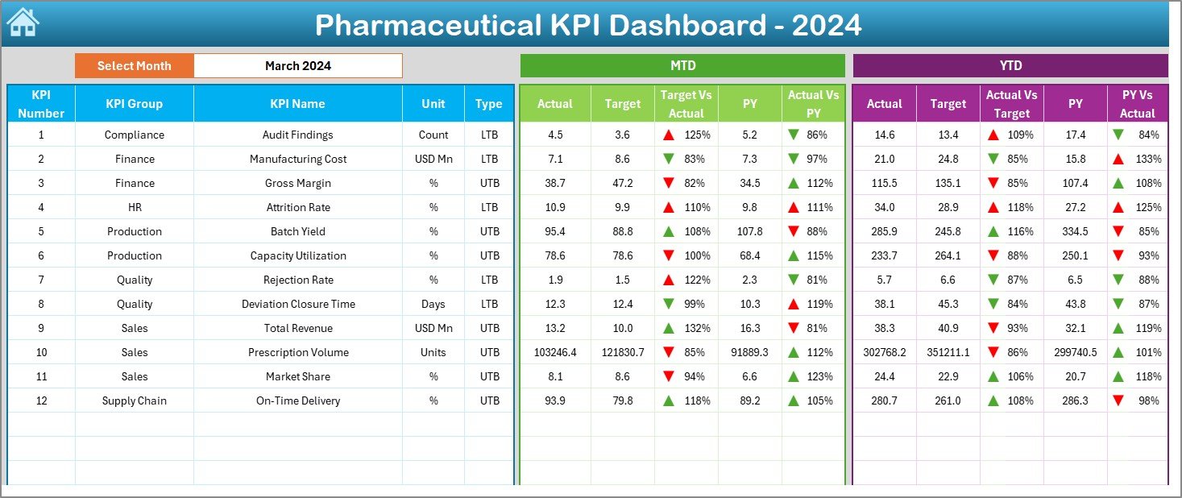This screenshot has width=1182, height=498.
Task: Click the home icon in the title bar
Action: coord(23,23)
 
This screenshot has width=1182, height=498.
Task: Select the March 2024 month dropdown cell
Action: coord(297,66)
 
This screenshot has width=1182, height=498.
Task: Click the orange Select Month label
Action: coord(135,66)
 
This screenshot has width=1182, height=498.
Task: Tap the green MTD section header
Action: coord(682,66)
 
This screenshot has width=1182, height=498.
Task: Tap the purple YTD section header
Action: coord(1010,66)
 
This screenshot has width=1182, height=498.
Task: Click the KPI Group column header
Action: coord(135,104)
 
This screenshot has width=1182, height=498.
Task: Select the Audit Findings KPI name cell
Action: coord(297,135)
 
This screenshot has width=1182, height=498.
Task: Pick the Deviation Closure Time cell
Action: coord(297,304)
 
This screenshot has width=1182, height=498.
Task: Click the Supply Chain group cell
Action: coord(135,400)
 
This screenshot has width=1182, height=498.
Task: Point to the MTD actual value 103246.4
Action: coord(555,352)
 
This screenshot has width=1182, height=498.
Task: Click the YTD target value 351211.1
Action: coord(948,352)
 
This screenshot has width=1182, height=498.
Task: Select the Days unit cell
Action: coord(433,304)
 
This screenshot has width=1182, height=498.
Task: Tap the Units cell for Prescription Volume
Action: coord(433,352)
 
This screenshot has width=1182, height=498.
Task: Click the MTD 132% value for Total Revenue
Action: coord(696,328)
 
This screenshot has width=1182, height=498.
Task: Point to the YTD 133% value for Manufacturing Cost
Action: coord(1148,159)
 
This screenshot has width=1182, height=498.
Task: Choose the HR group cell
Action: coord(135,207)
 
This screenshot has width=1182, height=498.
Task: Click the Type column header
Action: coord(488,104)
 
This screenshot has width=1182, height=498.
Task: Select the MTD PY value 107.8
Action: coord(749,231)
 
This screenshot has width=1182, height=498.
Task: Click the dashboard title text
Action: coord(588,25)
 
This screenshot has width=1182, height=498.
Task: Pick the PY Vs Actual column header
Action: coord(1137,104)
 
